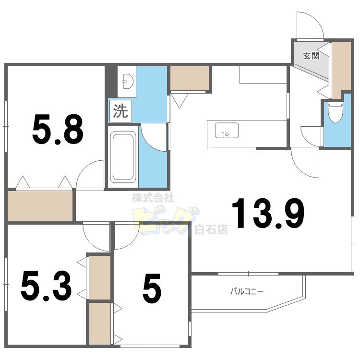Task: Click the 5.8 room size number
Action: pyautogui.click(x=58, y=129)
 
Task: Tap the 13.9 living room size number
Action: pyautogui.click(x=268, y=213)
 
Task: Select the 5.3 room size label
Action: pyautogui.click(x=46, y=286)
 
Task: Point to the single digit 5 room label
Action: pyautogui.click(x=152, y=288)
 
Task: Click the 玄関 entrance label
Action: pyautogui.click(x=311, y=56)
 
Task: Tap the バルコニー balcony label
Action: pyautogui.click(x=247, y=291)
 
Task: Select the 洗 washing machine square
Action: pyautogui.click(x=120, y=111)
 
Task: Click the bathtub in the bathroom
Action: pyautogui.click(x=123, y=156)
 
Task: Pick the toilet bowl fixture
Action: pyautogui.click(x=336, y=113)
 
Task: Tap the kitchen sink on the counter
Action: pyautogui.click(x=227, y=131)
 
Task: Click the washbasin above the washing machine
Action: pyautogui.click(x=128, y=81)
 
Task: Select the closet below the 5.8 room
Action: pyautogui.click(x=40, y=206)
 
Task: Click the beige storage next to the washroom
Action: pyautogui.click(x=190, y=78)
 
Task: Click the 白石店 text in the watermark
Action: pyautogui.click(x=211, y=229)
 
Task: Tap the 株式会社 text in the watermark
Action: pyautogui.click(x=153, y=198)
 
